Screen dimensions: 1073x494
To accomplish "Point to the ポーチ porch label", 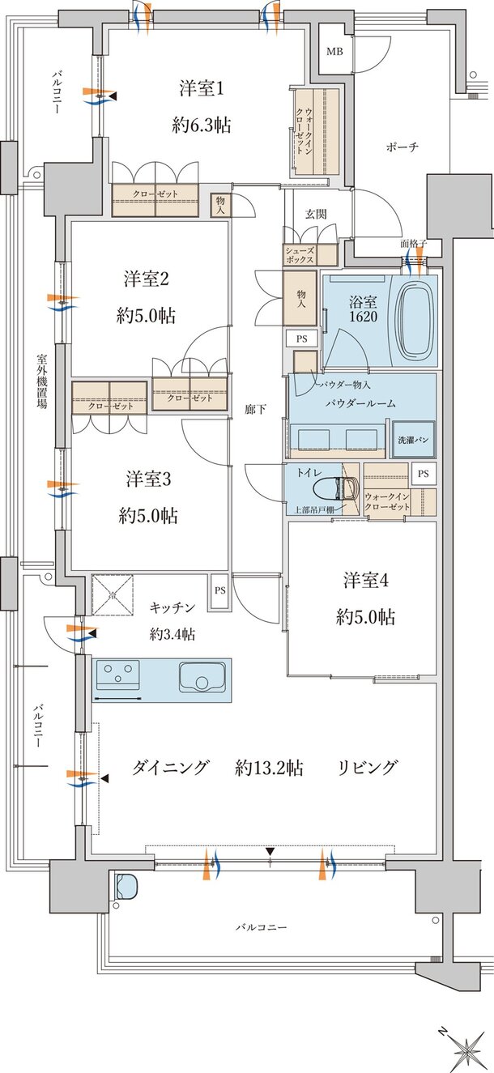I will pyautogui.click(x=402, y=147).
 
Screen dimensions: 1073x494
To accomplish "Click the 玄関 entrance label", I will pyautogui.click(x=315, y=214).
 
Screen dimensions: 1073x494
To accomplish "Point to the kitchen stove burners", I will pyautogui.click(x=118, y=674).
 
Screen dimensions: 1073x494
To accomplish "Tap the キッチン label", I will pyautogui.click(x=172, y=607).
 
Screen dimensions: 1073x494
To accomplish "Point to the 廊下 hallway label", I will pyautogui.click(x=256, y=411).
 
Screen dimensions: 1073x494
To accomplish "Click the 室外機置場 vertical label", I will pyautogui.click(x=40, y=381).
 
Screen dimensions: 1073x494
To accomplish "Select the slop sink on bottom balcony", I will pyautogui.click(x=127, y=888).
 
